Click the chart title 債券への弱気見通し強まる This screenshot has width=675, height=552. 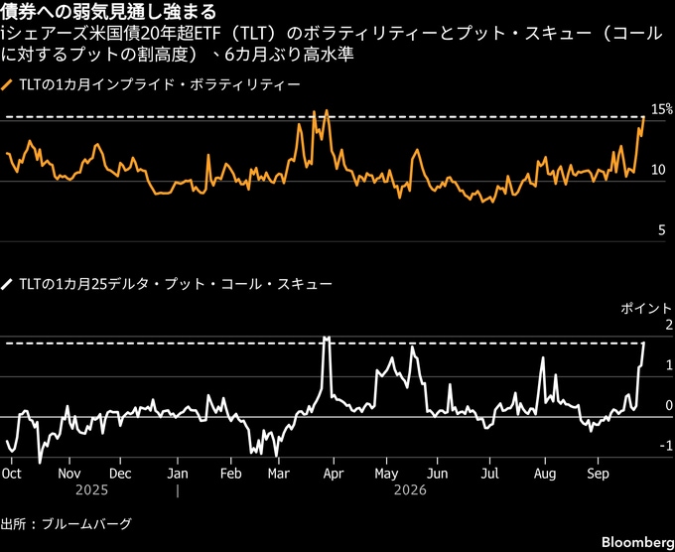point(108,12)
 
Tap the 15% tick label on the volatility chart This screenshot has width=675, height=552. point(662,109)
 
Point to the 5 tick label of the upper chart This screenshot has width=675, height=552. point(662,230)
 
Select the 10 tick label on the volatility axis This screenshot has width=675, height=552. point(659,170)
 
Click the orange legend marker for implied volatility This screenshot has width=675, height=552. point(7,84)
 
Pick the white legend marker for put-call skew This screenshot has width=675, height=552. point(7,284)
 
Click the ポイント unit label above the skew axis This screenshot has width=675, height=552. point(646,309)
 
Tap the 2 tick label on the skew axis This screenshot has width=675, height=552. point(668,325)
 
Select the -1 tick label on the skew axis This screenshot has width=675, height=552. point(665,445)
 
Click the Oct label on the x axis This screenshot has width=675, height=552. point(12,474)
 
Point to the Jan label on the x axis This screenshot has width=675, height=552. point(178,474)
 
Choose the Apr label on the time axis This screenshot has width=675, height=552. point(334,474)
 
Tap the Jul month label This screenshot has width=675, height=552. point(490,474)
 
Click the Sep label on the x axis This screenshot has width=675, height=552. point(598,474)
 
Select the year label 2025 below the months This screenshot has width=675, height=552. point(91,490)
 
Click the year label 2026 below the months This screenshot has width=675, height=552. point(410,490)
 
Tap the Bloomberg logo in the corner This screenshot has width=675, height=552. point(638,542)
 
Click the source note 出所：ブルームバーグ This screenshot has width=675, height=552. point(66,524)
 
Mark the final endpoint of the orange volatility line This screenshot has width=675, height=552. point(643,117)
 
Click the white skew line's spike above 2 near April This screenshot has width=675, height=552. point(327,338)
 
